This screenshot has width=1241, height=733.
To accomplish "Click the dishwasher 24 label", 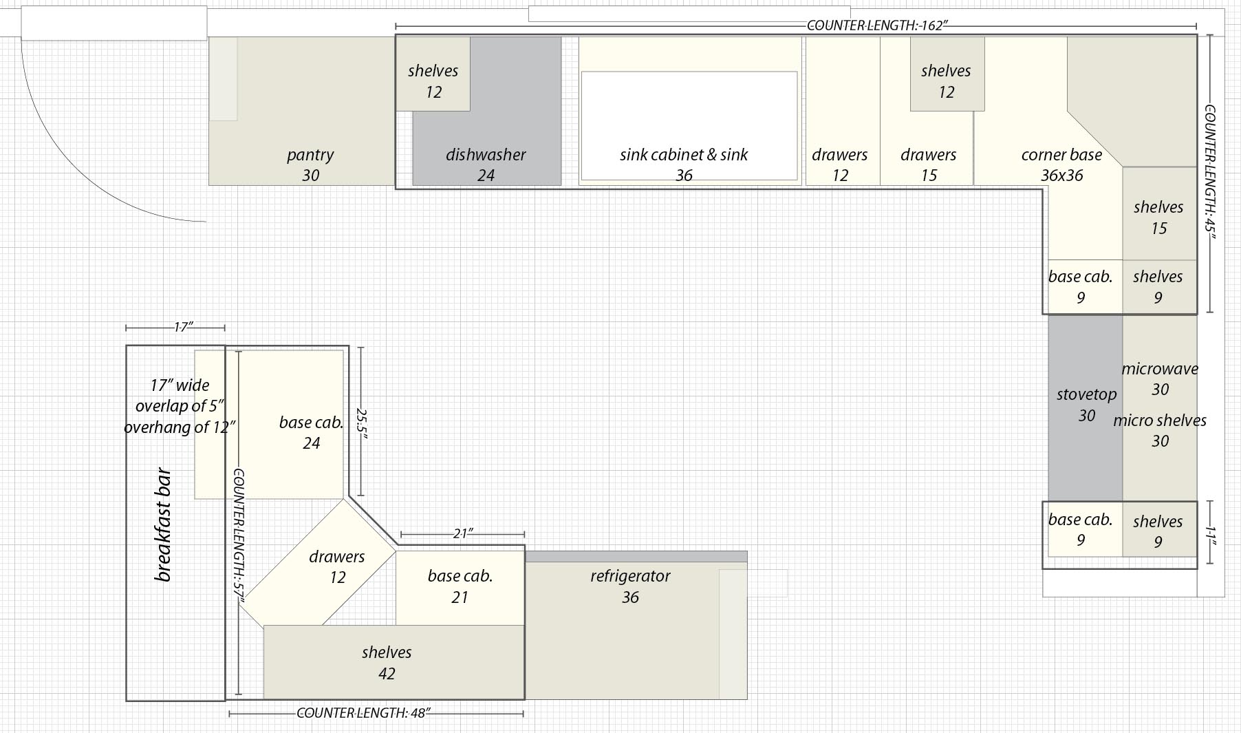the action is click(486, 164).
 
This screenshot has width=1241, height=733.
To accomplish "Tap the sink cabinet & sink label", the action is click(684, 155).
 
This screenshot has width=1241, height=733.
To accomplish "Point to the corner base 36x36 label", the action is click(1061, 164).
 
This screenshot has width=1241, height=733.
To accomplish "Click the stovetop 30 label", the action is click(1086, 405).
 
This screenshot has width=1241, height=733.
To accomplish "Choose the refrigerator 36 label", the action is click(630, 586).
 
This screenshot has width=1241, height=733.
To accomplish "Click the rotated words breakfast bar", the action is click(163, 525).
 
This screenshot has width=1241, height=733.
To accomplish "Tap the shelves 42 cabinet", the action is click(393, 662).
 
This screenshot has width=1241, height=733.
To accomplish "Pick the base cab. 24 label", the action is click(311, 432).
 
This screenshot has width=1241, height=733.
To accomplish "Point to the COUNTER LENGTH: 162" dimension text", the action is click(877, 25).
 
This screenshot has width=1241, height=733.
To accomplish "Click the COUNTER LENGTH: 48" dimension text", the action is click(363, 713).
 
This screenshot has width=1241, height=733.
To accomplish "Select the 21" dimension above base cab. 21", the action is click(462, 533).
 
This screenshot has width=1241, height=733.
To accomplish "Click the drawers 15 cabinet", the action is click(927, 111).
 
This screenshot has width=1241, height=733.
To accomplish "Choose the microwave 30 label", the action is click(1160, 379).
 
